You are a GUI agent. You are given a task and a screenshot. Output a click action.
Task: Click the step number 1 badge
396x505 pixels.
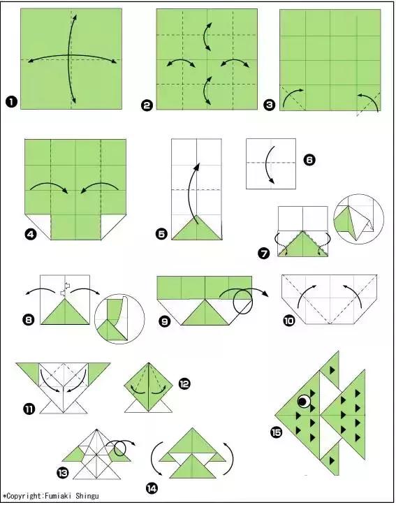click(11, 103)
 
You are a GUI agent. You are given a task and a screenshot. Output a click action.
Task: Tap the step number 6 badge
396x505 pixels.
click(309, 160)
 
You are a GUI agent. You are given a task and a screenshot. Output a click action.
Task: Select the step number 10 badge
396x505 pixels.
click(289, 321)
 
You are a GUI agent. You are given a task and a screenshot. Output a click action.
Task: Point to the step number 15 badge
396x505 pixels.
click(276, 432)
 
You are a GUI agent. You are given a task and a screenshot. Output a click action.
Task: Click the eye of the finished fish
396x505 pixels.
click(304, 402)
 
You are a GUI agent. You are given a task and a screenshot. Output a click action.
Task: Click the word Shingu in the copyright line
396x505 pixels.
click(87, 496)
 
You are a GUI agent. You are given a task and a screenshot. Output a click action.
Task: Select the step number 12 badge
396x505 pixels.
click(184, 383)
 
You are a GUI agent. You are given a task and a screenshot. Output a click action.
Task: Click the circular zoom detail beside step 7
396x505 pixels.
click(358, 219)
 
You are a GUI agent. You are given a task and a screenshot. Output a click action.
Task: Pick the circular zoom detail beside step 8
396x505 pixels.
click(119, 319)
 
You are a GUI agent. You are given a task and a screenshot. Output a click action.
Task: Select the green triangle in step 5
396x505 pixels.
click(197, 228)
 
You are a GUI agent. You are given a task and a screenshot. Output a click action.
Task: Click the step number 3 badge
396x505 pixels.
click(270, 105)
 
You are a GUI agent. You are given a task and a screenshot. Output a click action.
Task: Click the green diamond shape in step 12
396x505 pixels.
click(149, 387)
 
